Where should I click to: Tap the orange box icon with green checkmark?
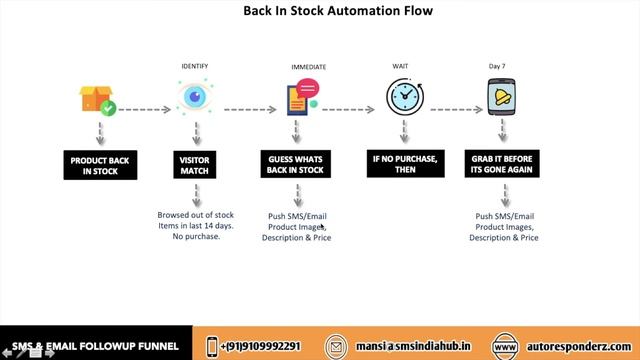[x=97, y=99]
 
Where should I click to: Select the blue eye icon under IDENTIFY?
[x=194, y=97]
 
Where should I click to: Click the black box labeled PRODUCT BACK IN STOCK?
[x=100, y=165]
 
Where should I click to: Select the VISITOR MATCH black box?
[x=194, y=165]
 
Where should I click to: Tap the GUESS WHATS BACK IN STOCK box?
[x=297, y=165]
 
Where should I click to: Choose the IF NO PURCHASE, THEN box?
[x=404, y=165]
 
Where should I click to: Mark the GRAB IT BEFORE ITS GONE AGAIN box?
[x=505, y=165]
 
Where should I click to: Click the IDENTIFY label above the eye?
[x=194, y=66]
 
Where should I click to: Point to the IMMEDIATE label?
[x=308, y=67]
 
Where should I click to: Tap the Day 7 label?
[x=497, y=66]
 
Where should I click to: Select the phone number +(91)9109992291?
[x=260, y=346]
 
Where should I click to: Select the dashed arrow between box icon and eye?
[x=146, y=108]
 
